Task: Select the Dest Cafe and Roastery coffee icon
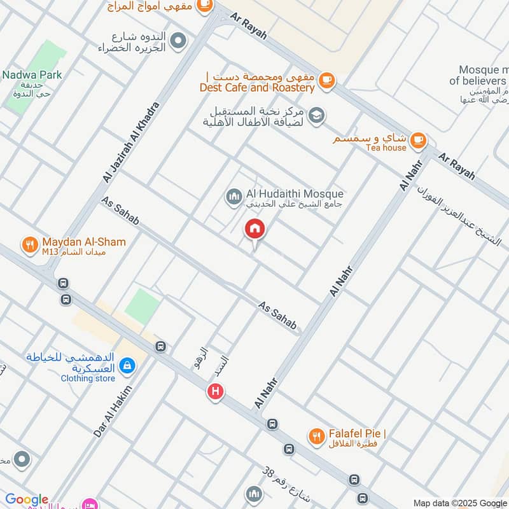tap(326, 80)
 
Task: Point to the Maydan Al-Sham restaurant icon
tap(29, 246)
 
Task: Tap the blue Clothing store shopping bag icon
tap(127, 365)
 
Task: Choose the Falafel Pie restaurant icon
tap(316, 436)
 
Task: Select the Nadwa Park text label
tap(32, 75)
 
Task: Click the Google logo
tap(27, 499)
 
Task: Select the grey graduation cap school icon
tap(316, 116)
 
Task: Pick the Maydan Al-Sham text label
tap(84, 242)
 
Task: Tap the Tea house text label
tap(386, 148)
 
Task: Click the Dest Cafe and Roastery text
tap(257, 88)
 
